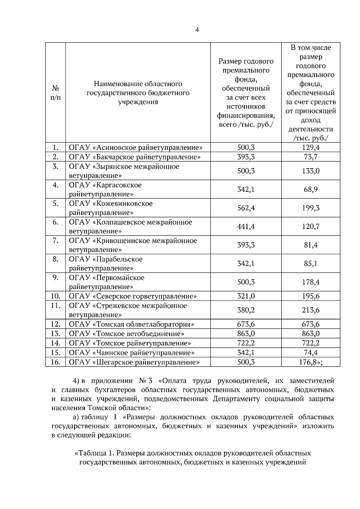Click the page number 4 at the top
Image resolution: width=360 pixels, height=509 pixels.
pyautogui.click(x=197, y=30)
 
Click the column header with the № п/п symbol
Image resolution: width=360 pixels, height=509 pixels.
pyautogui.click(x=55, y=93)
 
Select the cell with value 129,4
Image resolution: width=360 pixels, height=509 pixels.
pyautogui.click(x=310, y=147)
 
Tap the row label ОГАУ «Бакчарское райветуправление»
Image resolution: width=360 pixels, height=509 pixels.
pyautogui.click(x=135, y=157)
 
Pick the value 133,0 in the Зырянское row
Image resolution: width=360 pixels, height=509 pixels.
pyautogui.click(x=310, y=171)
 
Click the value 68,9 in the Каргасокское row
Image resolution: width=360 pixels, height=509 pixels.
pyautogui.click(x=310, y=189)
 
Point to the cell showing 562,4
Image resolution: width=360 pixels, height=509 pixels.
pyautogui.click(x=246, y=208)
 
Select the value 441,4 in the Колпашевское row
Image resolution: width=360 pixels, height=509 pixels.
pyautogui.click(x=246, y=227)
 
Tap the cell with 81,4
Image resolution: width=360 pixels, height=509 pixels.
pyautogui.click(x=310, y=245)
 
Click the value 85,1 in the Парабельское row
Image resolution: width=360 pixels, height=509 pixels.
pyautogui.click(x=310, y=264)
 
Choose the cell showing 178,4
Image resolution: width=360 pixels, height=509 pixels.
pyautogui.click(x=310, y=282)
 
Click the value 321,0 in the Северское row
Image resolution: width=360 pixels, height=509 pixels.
pyautogui.click(x=246, y=296)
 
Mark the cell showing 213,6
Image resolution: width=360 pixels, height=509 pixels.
pyautogui.click(x=310, y=310)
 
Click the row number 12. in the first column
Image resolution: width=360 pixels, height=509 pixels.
pyautogui.click(x=55, y=324)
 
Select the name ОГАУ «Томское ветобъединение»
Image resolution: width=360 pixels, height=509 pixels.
pyautogui.click(x=126, y=334)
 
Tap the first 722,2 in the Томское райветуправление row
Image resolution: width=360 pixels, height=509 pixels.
pyautogui.click(x=246, y=343)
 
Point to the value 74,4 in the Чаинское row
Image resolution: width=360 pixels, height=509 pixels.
pyautogui.click(x=310, y=353)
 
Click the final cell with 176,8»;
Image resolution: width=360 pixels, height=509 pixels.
pyautogui.click(x=310, y=362)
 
